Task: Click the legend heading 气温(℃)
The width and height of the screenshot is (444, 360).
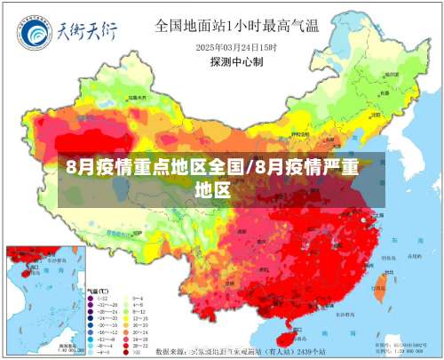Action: (98, 291)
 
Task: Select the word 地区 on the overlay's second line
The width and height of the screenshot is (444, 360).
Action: (213, 189)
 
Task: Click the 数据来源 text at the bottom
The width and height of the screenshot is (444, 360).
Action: (173, 353)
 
